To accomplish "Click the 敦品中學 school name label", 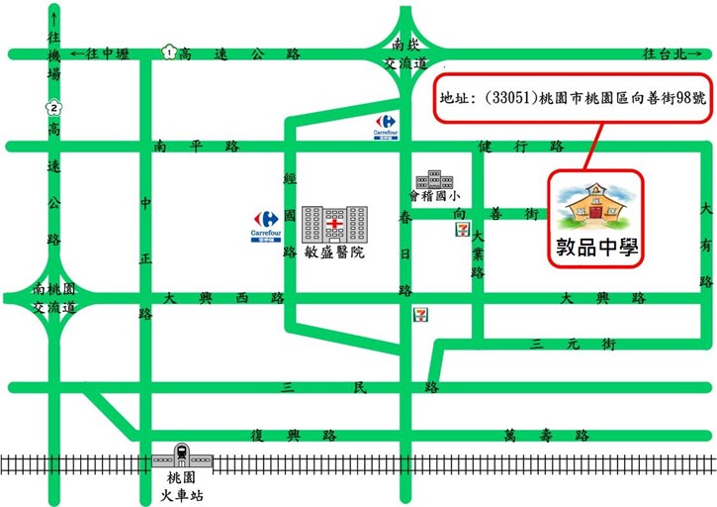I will click(x=597, y=247).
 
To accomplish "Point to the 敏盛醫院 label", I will click(x=335, y=253).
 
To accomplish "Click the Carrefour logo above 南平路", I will click(x=385, y=126).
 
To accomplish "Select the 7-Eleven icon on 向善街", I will click(x=462, y=229).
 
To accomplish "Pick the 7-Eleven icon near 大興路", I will click(x=420, y=314).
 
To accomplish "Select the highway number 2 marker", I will click(x=54, y=108).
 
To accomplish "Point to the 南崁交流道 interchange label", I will click(x=406, y=54).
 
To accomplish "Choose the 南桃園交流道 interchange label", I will click(x=53, y=298).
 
